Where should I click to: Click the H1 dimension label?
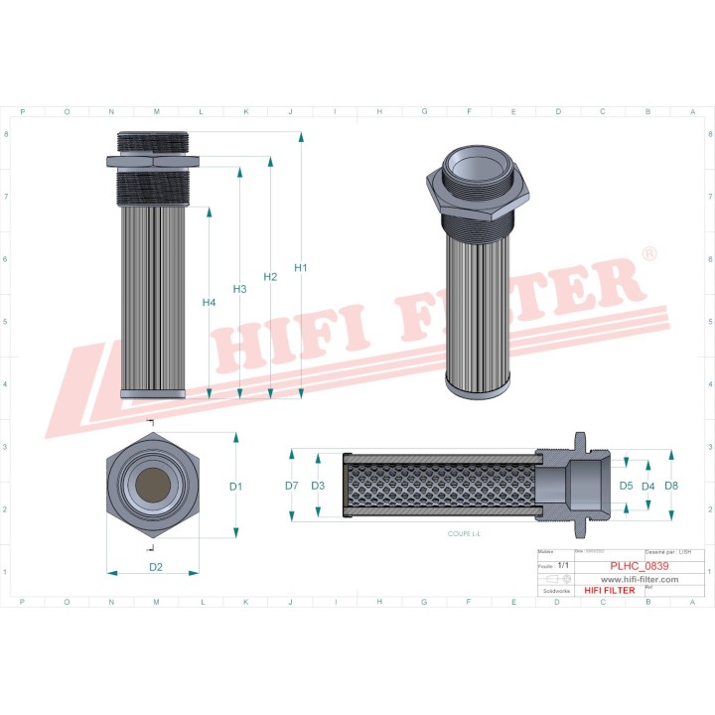point(301,268)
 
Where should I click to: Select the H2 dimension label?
point(270,277)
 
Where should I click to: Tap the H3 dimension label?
point(239,289)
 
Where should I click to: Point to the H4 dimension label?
point(209,302)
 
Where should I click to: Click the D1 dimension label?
point(235,487)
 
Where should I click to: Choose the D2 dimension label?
point(156,567)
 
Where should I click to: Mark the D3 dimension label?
point(318,486)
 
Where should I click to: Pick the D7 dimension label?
point(292,486)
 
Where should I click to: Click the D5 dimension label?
point(627,486)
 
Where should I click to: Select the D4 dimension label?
point(648,486)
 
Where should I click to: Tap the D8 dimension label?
point(671,486)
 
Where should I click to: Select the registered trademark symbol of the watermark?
point(649,255)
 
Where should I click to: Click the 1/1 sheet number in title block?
point(563,565)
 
